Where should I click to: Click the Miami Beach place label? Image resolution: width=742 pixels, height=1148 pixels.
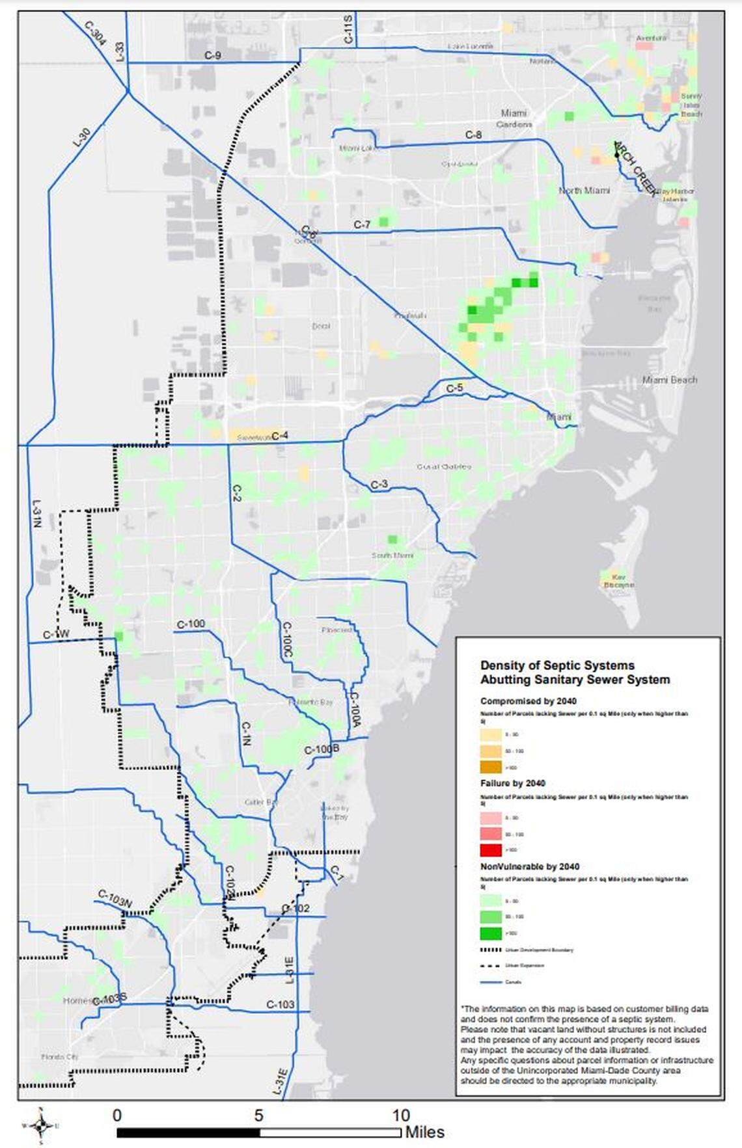[669, 379]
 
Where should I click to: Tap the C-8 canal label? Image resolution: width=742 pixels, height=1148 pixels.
[473, 135]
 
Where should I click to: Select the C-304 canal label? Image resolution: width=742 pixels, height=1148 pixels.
[95, 33]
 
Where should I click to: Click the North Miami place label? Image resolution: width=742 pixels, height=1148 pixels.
[584, 191]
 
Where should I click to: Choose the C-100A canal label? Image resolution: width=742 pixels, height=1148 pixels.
[355, 709]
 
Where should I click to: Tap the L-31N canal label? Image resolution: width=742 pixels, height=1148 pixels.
[36, 513]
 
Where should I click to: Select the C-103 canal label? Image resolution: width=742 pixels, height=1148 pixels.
[281, 1004]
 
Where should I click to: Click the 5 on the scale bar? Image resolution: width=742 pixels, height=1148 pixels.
[258, 1115]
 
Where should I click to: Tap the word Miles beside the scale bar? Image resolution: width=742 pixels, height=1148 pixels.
[425, 1132]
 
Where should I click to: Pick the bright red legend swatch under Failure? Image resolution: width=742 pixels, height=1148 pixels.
[491, 850]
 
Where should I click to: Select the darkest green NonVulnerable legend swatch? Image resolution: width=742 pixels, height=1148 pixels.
[491, 933]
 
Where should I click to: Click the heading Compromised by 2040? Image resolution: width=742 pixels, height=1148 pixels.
[529, 701]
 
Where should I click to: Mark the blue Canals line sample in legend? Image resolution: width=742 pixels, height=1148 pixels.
[491, 981]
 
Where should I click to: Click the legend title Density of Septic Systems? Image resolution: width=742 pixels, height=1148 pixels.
[557, 665]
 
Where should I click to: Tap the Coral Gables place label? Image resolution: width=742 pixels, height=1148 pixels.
[443, 466]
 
